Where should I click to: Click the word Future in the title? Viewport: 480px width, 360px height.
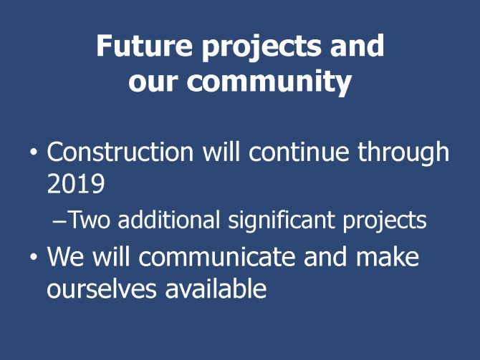[x=145, y=45]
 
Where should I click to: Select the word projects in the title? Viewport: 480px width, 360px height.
[x=262, y=48]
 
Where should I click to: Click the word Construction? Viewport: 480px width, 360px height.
[x=120, y=152]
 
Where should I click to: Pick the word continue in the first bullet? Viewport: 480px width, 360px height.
[x=299, y=152]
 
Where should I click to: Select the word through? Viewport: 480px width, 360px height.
[x=403, y=154]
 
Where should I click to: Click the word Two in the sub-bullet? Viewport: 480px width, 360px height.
[x=89, y=220]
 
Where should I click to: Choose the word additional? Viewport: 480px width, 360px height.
[x=168, y=219]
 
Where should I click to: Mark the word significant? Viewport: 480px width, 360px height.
[x=282, y=221]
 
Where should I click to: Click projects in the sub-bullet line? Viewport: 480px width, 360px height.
[x=385, y=221]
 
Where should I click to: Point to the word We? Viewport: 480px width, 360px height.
[x=65, y=256]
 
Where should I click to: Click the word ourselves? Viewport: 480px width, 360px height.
[x=102, y=288]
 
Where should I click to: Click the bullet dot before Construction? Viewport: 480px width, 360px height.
[x=34, y=151]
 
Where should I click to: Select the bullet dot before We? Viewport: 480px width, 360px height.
[x=34, y=257]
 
